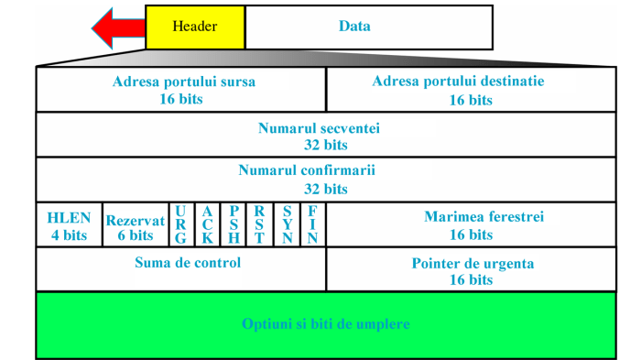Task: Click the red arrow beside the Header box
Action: coord(117,27)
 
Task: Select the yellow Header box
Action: coord(195,27)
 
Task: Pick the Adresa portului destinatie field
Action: coord(471,90)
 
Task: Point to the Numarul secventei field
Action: coord(326,135)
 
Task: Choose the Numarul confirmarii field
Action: coord(326,180)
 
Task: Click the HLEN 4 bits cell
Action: coord(70,225)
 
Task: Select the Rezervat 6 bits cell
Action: coord(136,225)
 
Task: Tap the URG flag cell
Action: coord(180,225)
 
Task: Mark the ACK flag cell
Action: coord(207,225)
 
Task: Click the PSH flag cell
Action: coord(234,225)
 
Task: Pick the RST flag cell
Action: coord(260,225)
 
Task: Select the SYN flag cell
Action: coord(287,225)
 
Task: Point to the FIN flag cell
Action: coord(312,225)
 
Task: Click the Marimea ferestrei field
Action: coord(471,225)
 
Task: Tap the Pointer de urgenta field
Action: coord(471,269)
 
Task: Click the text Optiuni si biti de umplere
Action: coord(326,324)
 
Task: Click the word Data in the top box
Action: coord(354,27)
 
